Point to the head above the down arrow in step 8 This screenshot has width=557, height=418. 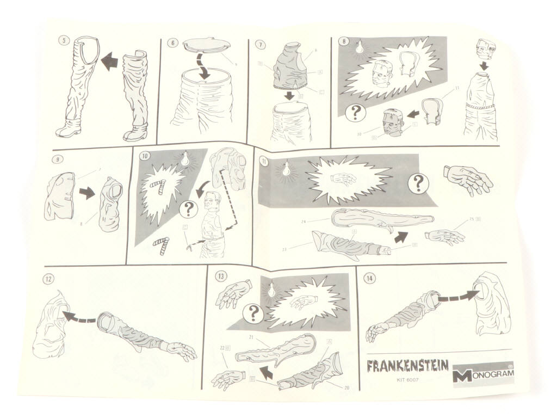[488, 53]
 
